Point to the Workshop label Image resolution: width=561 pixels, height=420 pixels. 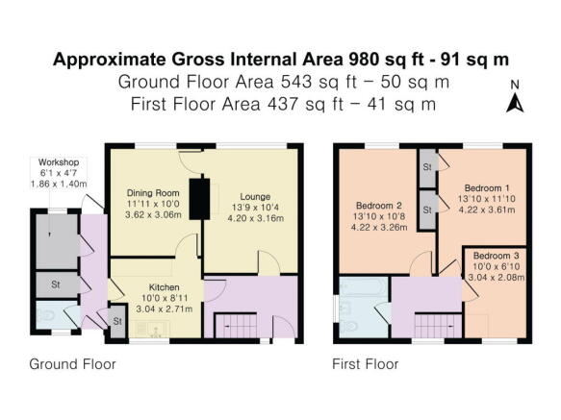pos(58,161)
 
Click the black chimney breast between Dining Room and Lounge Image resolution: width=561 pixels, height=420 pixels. pos(201,200)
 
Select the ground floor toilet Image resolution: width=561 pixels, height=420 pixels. pos(47,315)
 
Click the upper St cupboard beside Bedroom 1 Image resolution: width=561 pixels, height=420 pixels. pos(425,167)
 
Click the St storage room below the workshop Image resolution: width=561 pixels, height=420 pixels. pos(56,284)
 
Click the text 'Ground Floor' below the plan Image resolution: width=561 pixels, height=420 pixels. pos(72,364)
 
